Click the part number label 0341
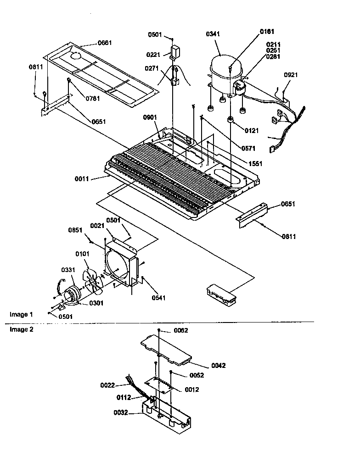pos(214,34)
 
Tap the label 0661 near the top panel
pos(104,43)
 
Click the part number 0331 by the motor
pos(68,270)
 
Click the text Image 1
pos(21,314)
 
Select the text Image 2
pos(21,329)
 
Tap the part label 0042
pos(218,366)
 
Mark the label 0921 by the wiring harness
pos(291,74)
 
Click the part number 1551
pos(255,164)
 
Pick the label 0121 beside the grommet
pos(251,131)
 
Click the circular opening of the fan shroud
pos(118,265)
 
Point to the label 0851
pos(75,231)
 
